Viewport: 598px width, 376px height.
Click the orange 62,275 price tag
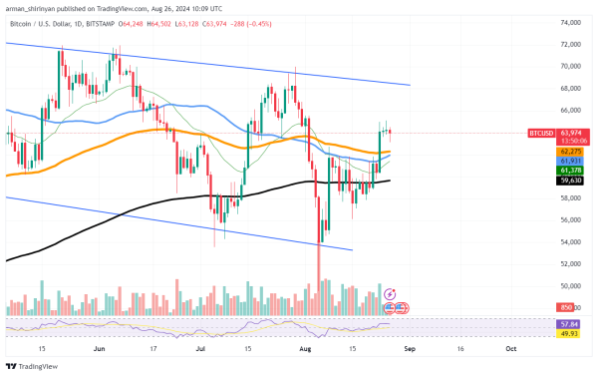click(x=569, y=151)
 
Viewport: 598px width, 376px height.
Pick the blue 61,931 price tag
click(x=569, y=160)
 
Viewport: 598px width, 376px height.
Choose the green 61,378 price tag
click(x=569, y=171)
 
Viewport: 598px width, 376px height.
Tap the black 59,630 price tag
click(x=569, y=181)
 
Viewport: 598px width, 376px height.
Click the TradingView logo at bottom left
click(x=32, y=366)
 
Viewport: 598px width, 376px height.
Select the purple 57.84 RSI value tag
click(x=569, y=324)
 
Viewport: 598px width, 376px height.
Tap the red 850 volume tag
click(x=566, y=307)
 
